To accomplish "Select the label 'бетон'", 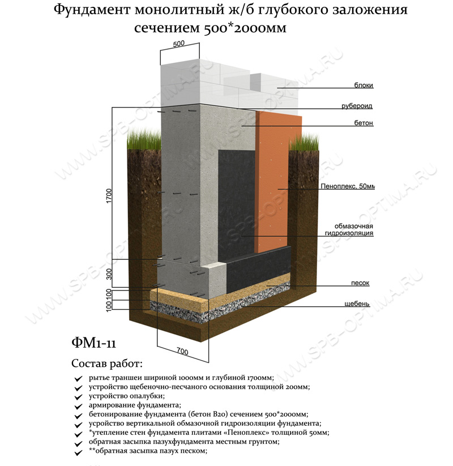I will point(365,123).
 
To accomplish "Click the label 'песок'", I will point(361,283).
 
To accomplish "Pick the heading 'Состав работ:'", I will point(107,363).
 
